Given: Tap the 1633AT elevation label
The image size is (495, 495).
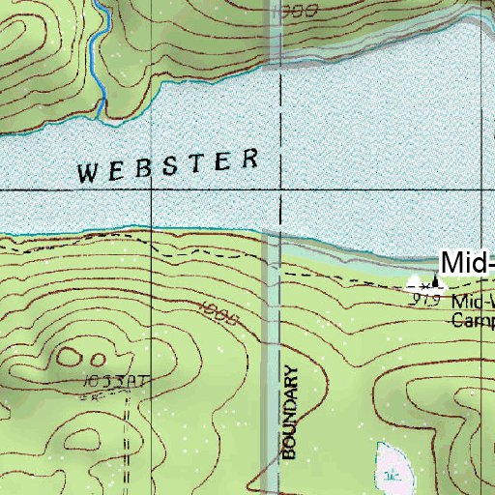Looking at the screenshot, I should (x=114, y=382).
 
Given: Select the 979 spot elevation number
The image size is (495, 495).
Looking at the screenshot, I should (x=425, y=301).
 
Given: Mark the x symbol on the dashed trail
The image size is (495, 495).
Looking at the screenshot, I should (x=422, y=285).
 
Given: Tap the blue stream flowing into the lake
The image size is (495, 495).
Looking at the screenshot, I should (x=97, y=58).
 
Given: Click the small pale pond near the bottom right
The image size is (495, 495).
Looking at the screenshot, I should (x=394, y=465).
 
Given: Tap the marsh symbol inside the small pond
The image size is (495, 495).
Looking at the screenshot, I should (x=392, y=475).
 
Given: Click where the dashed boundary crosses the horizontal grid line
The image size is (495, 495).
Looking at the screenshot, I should (x=279, y=191).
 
